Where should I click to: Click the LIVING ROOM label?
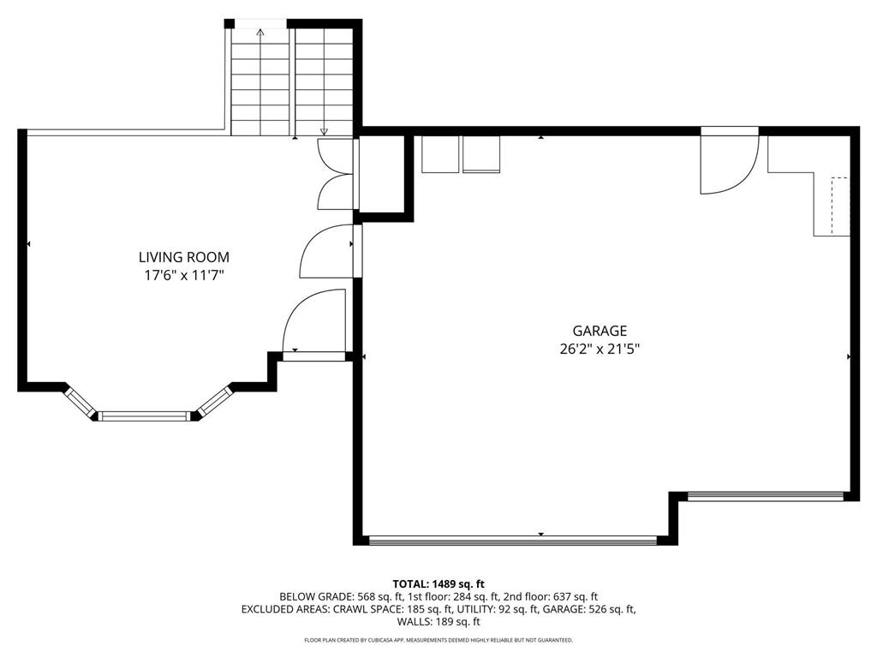[184, 257]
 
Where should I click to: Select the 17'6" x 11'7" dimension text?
[184, 275]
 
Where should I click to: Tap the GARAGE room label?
[600, 331]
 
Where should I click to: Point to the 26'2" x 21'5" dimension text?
[600, 349]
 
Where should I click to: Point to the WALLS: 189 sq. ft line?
[438, 622]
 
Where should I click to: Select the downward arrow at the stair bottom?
[324, 131]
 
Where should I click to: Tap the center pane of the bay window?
[143, 416]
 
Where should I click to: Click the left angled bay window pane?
[81, 403]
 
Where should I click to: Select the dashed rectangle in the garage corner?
[839, 206]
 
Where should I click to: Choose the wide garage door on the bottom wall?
[511, 540]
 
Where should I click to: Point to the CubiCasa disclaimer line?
[438, 640]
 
